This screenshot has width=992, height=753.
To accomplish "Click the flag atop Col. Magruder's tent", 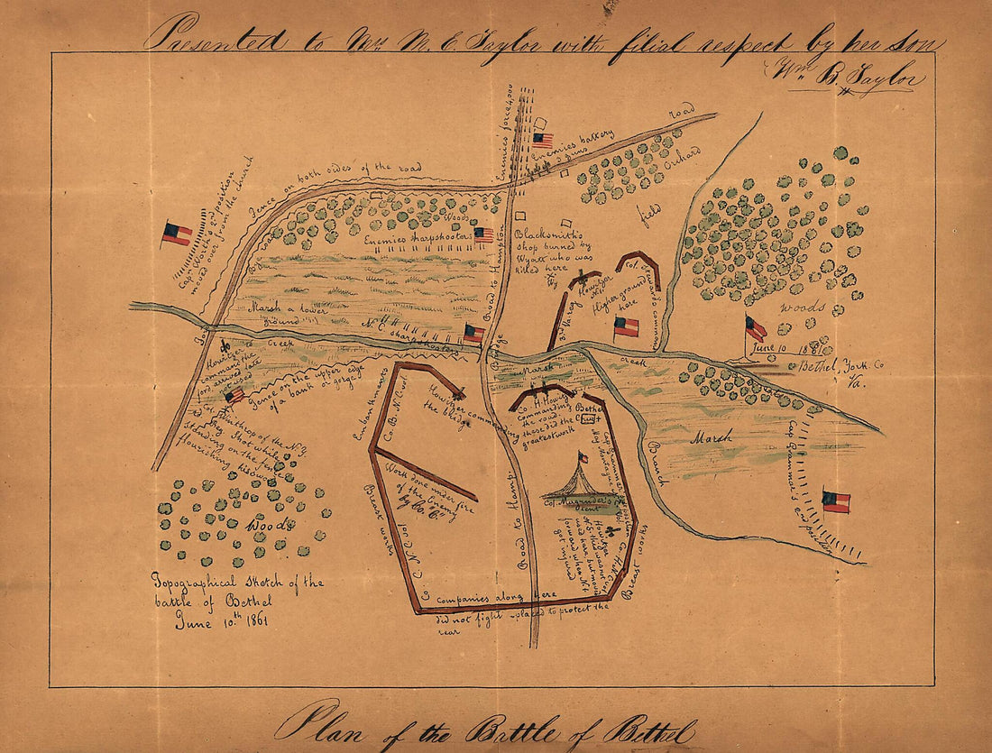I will point(583,457).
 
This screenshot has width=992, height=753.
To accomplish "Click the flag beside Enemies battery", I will point(543,140).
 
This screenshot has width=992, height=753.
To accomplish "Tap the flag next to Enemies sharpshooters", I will point(484,234).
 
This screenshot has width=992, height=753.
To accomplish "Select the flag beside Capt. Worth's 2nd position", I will point(177,234).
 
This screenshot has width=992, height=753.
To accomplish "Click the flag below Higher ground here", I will point(626,326).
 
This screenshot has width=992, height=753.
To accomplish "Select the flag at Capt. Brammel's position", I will point(836,501).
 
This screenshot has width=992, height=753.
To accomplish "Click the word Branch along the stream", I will point(655,464).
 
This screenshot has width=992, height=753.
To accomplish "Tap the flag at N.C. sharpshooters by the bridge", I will point(474,333).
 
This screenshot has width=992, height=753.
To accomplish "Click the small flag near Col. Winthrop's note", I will point(234,395).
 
